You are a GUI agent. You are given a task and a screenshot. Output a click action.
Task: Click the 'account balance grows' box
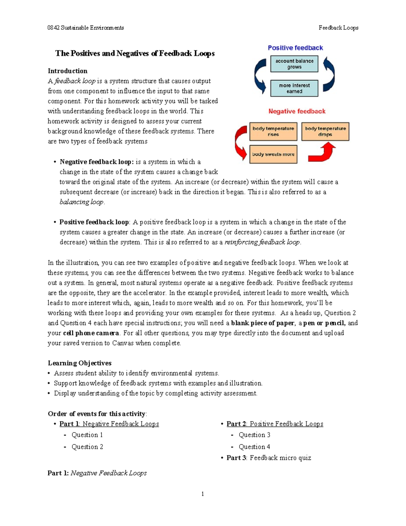pos(294,64)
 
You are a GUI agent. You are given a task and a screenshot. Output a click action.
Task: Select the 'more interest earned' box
pos(294,88)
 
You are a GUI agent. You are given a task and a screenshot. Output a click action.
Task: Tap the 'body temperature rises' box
pos(273,131)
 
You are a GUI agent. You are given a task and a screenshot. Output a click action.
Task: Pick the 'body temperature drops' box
pos(325,131)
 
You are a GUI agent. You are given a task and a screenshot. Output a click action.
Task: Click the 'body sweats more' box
pos(273,154)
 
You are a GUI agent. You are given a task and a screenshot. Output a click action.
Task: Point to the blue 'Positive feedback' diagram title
pos(295,48)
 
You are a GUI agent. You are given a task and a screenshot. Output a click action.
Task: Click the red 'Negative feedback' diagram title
pos(297,111)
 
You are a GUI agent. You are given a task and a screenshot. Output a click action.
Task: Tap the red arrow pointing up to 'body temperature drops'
pos(323,152)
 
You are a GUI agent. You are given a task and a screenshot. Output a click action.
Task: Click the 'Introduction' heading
pos(67,71)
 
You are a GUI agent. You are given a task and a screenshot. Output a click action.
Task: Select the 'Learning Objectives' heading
pos(80,363)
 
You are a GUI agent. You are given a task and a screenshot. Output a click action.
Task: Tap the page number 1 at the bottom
pos(203,494)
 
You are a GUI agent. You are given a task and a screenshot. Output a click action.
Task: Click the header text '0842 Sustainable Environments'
pos(86,28)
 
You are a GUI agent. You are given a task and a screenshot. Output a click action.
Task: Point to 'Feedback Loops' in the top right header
pos(338,28)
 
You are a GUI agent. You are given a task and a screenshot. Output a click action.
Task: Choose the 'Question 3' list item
pos(254,435)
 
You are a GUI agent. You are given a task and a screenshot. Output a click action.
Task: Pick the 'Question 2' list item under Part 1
pos(87,447)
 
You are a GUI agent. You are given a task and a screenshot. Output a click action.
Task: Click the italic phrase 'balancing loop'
pos(82,202)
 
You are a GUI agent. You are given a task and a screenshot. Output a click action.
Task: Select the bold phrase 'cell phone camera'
pos(91,333)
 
